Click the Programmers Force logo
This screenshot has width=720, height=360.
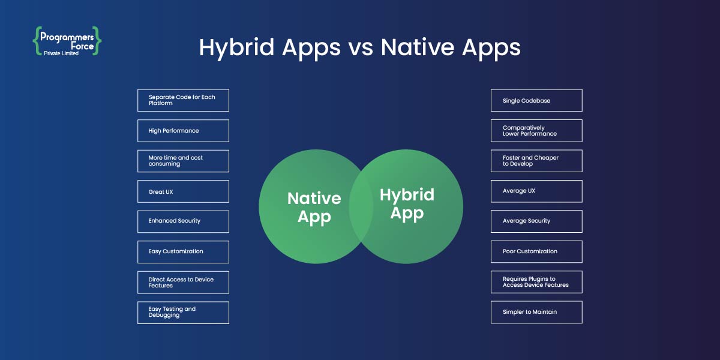pyautogui.click(x=67, y=41)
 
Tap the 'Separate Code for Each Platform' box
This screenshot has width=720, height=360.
pyautogui.click(x=183, y=100)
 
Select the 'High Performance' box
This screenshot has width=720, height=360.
pyautogui.click(x=183, y=131)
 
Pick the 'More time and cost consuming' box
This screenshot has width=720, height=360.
pyautogui.click(x=183, y=161)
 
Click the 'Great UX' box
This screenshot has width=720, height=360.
pyautogui.click(x=183, y=191)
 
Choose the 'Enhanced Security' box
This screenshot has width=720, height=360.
pyautogui.click(x=183, y=221)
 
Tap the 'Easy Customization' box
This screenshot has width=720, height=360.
pyautogui.click(x=183, y=252)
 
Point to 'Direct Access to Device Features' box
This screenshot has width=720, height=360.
pyautogui.click(x=183, y=282)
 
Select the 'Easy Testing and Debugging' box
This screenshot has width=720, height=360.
pyautogui.click(x=183, y=313)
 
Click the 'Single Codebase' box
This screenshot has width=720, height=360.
pyautogui.click(x=536, y=100)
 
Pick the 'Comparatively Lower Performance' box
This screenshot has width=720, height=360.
pyautogui.click(x=536, y=131)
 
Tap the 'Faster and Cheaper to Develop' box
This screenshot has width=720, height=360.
pyautogui.click(x=536, y=161)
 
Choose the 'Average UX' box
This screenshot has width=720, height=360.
pyautogui.click(x=536, y=191)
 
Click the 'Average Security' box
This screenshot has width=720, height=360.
pyautogui.click(x=536, y=221)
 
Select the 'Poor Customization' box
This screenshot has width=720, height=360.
pyautogui.click(x=536, y=252)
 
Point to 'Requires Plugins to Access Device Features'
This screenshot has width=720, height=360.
pyautogui.click(x=536, y=282)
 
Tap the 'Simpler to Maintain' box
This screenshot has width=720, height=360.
pyautogui.click(x=536, y=313)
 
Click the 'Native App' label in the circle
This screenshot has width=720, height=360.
pyautogui.click(x=314, y=208)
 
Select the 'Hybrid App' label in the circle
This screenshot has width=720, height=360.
pyautogui.click(x=407, y=204)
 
